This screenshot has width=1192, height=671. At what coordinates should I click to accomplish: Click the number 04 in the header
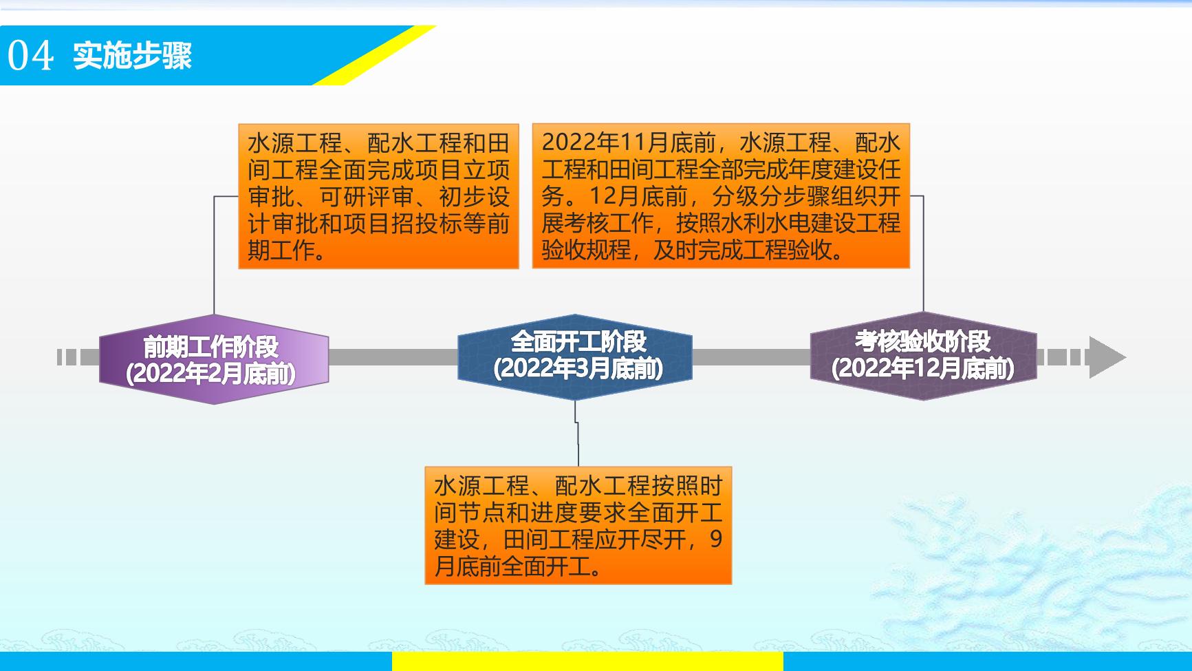click(30, 56)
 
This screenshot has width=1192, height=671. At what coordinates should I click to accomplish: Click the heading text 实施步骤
click(133, 56)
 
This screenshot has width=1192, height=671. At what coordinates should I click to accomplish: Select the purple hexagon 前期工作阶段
click(214, 359)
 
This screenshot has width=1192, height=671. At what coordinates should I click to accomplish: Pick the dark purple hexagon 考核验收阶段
click(923, 356)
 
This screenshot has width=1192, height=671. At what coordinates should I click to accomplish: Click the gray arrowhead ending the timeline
click(1107, 357)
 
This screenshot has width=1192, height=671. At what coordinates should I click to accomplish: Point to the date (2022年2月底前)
click(211, 374)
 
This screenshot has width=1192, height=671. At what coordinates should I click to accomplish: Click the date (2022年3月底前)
click(578, 369)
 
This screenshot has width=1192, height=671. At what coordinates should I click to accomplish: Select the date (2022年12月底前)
click(923, 369)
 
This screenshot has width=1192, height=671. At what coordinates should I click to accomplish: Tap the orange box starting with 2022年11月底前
click(721, 196)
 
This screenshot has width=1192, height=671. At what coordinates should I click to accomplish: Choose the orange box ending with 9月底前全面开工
click(578, 526)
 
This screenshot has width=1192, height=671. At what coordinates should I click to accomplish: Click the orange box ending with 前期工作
click(378, 196)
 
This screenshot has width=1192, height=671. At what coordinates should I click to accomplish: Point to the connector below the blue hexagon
click(577, 434)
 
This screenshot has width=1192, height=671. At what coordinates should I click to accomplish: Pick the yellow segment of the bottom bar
click(587, 661)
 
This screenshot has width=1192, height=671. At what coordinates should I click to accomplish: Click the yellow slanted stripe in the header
click(375, 55)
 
